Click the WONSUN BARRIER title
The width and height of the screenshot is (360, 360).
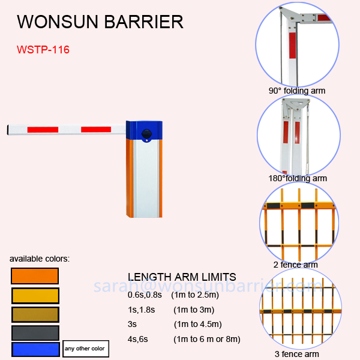tap(100, 22)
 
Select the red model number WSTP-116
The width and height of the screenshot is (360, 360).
tap(43, 50)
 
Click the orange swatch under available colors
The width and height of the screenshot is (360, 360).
tap(34, 276)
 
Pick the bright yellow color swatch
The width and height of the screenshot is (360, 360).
tap(34, 295)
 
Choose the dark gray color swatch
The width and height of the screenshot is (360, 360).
tap(34, 332)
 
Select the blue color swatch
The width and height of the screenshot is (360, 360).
tap(34, 349)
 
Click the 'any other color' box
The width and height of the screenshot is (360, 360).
tap(84, 349)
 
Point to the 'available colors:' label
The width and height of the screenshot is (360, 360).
tap(40, 259)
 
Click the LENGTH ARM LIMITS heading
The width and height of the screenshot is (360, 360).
tap(182, 277)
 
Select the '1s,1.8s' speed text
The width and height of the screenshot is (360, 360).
tap(142, 310)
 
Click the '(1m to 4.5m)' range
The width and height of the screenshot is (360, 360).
tap(198, 325)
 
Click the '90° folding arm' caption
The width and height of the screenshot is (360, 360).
tap(297, 91)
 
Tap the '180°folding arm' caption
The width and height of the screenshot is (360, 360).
tap(298, 178)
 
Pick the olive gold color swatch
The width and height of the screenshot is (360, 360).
tap(34, 314)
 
